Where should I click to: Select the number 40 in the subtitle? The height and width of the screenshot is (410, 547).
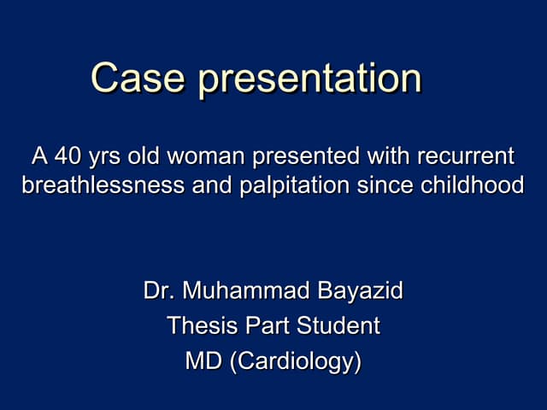point(66,158)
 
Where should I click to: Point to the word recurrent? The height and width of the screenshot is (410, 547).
point(465,158)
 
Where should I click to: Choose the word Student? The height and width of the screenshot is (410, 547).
point(338,326)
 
